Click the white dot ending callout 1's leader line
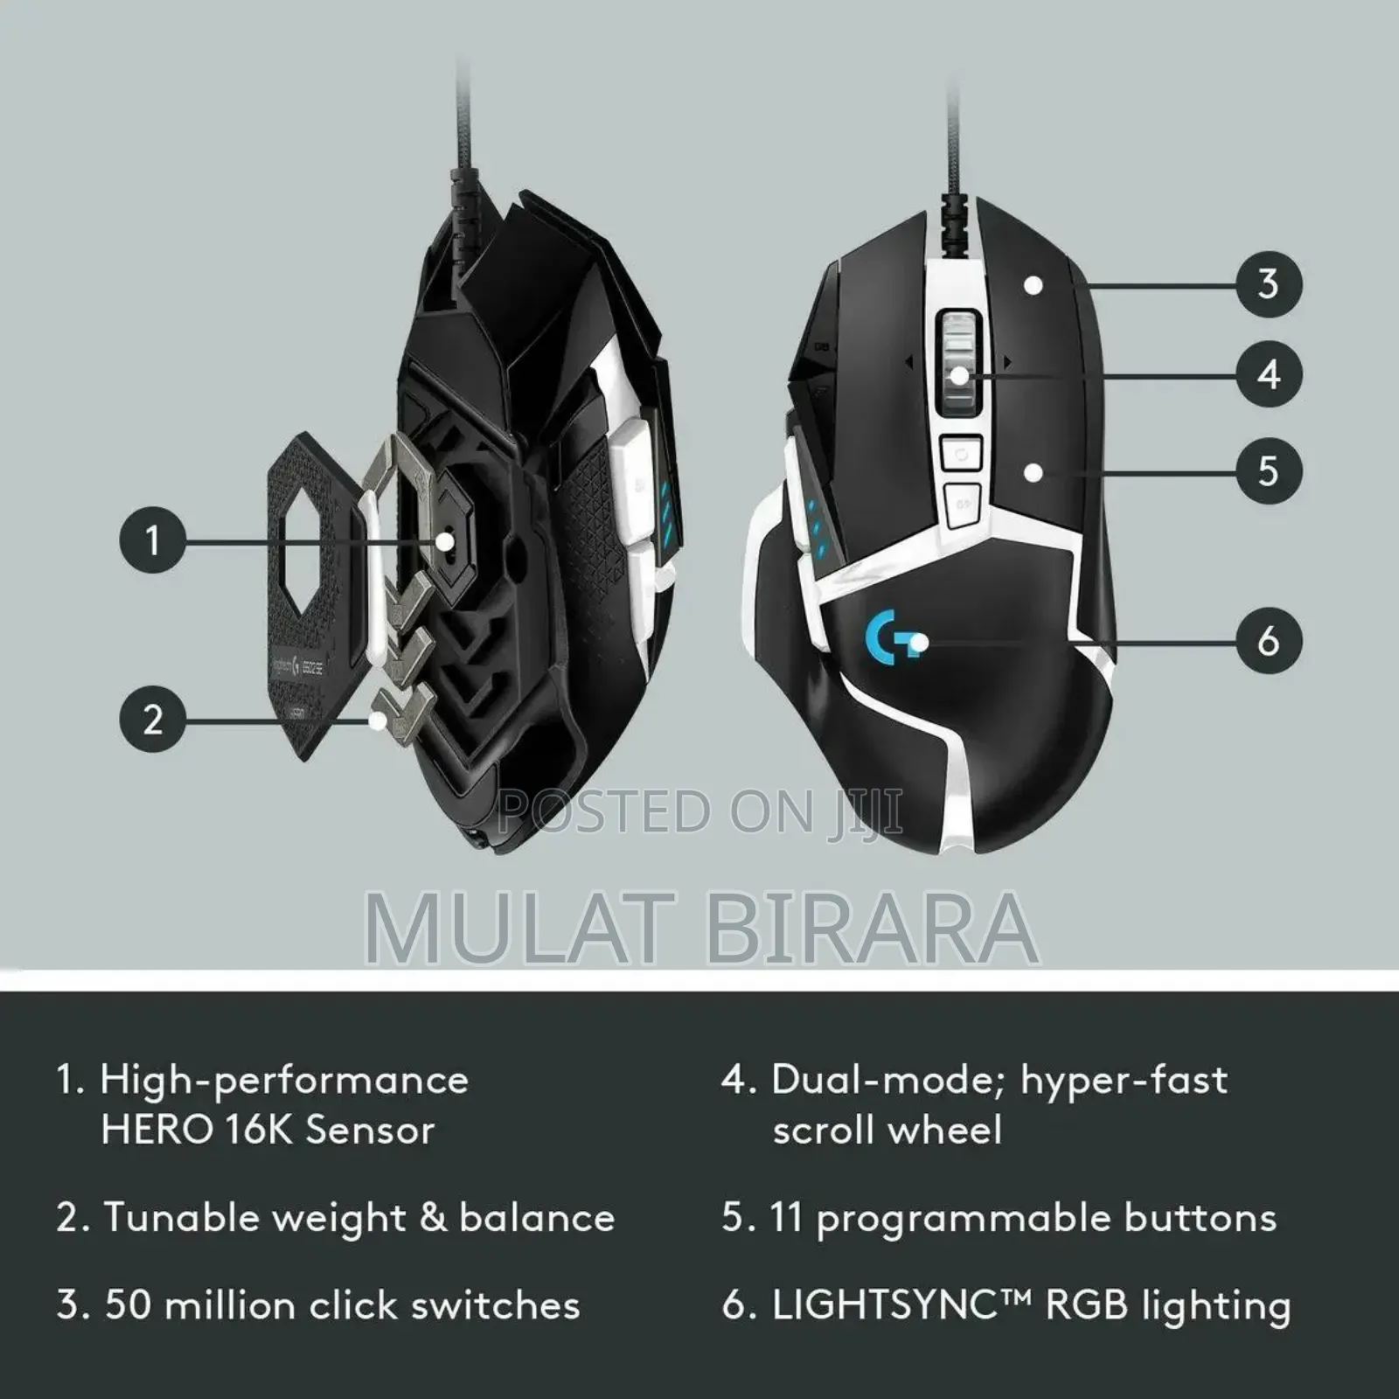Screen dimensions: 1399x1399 point(445,541)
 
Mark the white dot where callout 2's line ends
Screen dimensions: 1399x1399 point(378,720)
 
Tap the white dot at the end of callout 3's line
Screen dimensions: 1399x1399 point(1034,285)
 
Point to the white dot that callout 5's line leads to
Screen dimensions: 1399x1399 point(1034,473)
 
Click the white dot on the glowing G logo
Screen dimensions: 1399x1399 point(917,644)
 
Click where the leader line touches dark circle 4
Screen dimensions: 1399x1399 point(1235,376)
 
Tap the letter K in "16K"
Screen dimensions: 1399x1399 point(278,1130)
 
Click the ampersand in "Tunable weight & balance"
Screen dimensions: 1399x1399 point(434,1218)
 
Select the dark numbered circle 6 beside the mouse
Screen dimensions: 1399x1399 point(1269,641)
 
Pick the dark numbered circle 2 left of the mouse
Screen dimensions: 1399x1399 point(153,720)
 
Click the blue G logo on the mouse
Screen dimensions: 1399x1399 point(885,637)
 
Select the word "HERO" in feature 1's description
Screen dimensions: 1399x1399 point(157,1130)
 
